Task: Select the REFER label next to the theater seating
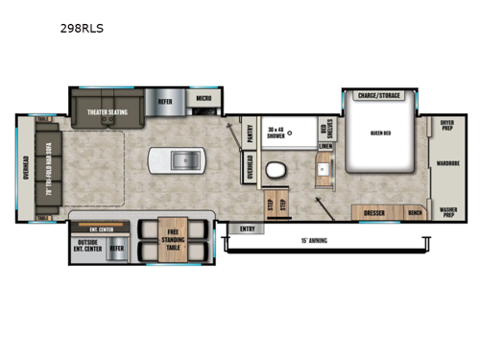165,99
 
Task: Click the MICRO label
204,99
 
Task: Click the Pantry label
250,134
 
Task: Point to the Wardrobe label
447,162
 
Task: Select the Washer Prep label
447,212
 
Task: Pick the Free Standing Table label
174,237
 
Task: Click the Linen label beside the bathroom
325,147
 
